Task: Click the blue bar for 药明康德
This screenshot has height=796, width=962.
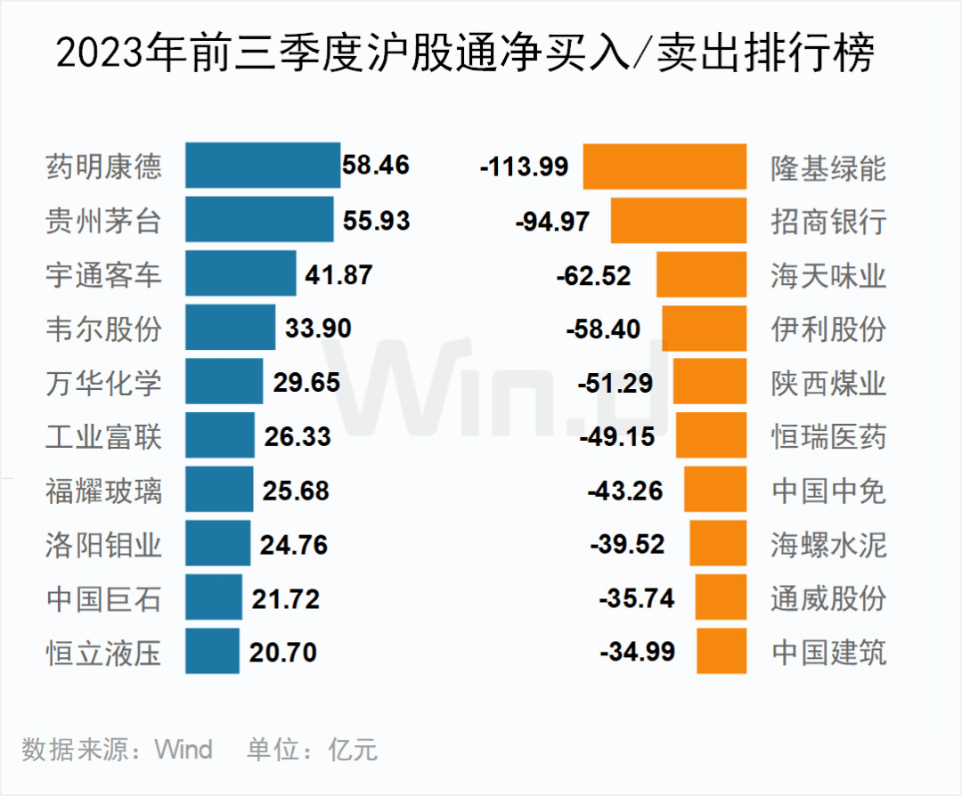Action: [263, 166]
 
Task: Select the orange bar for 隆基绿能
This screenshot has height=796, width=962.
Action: [664, 167]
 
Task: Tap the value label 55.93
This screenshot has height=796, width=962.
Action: [372, 220]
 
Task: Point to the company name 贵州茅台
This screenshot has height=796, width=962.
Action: [104, 220]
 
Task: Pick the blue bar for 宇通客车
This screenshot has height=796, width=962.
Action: [240, 273]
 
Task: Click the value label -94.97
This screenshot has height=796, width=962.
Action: [552, 221]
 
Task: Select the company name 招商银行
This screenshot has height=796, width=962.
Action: [828, 221]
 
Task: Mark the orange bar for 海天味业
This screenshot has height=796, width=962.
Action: [701, 274]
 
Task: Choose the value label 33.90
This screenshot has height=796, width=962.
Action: [318, 329]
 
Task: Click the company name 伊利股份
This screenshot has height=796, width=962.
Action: [828, 329]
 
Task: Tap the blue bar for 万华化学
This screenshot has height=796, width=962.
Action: [224, 382]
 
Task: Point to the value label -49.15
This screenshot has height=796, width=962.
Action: [616, 436]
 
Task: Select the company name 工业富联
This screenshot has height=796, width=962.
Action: [104, 436]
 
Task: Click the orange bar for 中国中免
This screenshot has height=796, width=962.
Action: [715, 491]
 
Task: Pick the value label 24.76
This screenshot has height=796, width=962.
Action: [294, 544]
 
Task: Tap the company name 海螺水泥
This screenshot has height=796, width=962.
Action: [828, 544]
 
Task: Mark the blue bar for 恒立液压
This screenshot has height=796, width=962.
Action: [213, 652]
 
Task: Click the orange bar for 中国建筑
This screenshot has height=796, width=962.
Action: [721, 652]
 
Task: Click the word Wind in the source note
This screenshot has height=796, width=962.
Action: [184, 750]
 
